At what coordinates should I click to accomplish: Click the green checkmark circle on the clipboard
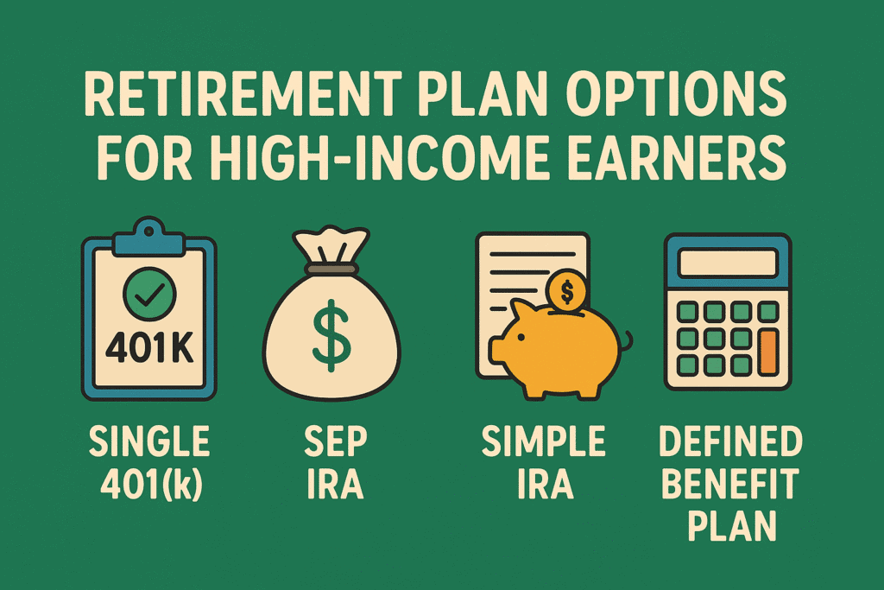click(x=149, y=294)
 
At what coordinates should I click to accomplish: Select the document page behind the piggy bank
click(x=518, y=276)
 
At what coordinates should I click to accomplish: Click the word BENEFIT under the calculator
click(x=730, y=485)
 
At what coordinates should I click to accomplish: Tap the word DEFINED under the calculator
click(x=730, y=443)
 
